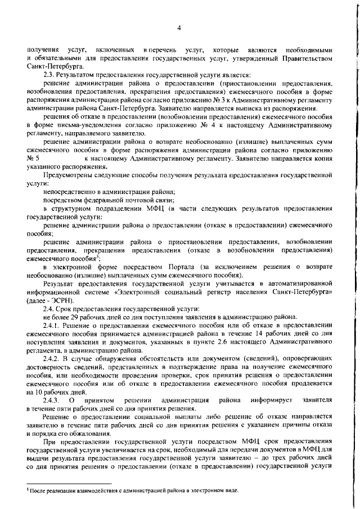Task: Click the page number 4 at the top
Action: click(x=179, y=28)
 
